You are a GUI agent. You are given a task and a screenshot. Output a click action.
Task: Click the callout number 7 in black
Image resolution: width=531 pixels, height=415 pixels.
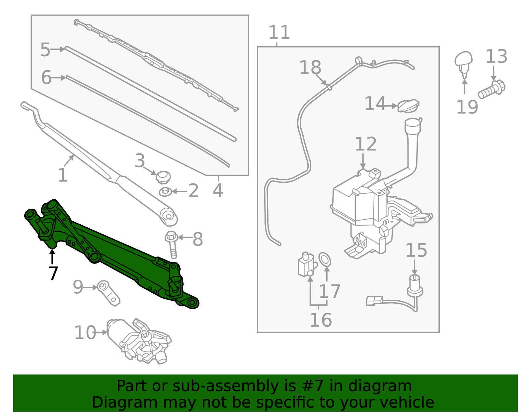point(53,273)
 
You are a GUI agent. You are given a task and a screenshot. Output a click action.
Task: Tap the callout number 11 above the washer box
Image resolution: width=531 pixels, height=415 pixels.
point(279,33)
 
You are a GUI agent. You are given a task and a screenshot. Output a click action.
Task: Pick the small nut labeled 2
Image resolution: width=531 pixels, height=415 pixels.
point(165,192)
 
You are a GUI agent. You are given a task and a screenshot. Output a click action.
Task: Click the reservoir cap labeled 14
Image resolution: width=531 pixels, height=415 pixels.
point(408,106)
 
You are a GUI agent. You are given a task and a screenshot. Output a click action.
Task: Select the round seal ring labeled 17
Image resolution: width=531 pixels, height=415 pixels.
point(325,259)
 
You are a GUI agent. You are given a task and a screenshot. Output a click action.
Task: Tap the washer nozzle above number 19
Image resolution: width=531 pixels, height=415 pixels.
point(464,62)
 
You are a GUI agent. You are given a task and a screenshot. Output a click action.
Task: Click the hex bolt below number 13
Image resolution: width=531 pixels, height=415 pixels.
point(492,89)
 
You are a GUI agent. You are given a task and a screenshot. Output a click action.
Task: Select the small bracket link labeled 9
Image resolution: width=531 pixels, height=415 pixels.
point(109,292)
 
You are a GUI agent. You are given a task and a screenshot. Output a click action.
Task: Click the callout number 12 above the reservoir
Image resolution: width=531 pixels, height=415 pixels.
point(366,144)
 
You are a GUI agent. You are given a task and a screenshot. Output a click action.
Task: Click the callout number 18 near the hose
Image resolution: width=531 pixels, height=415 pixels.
point(310,67)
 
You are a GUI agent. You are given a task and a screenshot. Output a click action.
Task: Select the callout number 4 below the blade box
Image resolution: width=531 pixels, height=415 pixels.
point(218,190)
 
